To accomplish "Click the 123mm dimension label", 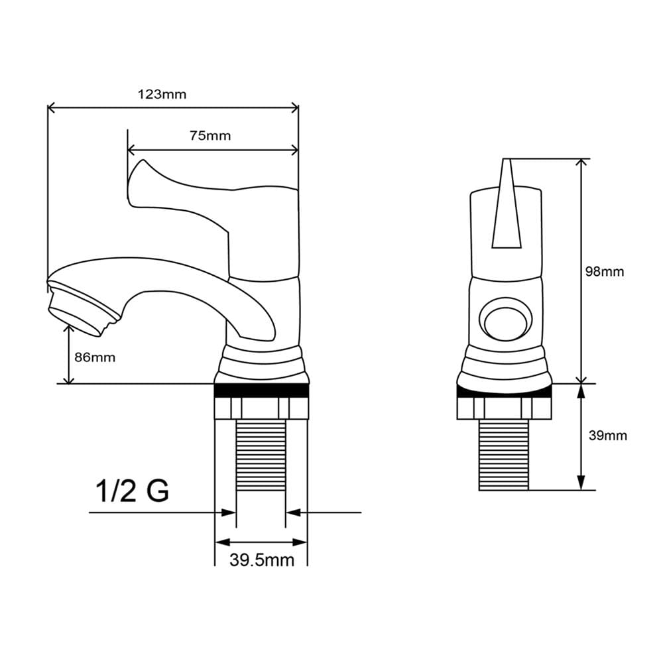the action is click(x=162, y=94).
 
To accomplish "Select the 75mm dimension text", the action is click(x=210, y=136).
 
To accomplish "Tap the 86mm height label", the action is click(x=95, y=357).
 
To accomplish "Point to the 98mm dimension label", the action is click(x=605, y=271).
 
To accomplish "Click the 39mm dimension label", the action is click(x=607, y=435).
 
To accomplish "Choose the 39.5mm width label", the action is click(x=262, y=560).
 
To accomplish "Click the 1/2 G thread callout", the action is click(x=133, y=491).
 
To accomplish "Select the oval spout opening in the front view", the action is click(x=505, y=318).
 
